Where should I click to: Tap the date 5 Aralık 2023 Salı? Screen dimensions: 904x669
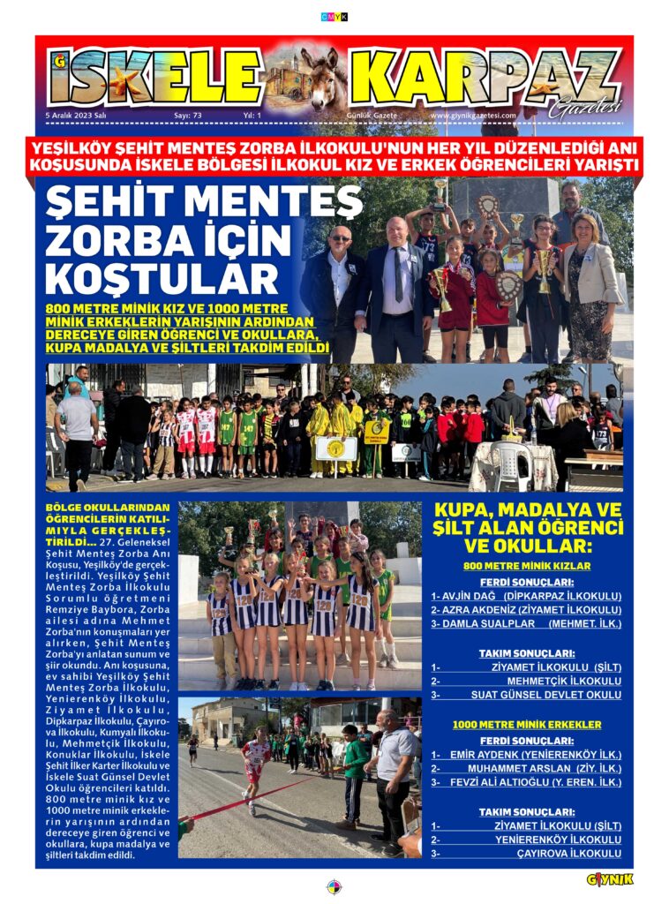[x=76, y=115]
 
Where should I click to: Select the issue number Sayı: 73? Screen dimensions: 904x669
[x=187, y=115]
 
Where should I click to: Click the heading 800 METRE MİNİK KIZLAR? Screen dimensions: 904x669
[x=526, y=565]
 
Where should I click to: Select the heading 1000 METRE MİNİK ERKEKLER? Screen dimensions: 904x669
[x=526, y=724]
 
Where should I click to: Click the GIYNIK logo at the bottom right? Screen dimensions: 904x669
[x=610, y=879]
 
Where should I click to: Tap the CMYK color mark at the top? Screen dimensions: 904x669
[x=334, y=17]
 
